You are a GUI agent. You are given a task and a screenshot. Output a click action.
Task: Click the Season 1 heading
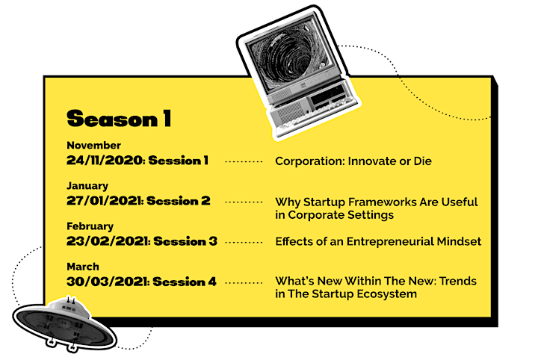119,118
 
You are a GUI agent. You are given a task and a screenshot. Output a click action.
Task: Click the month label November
93,146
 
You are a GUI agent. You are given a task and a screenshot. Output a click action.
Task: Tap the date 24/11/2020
105,161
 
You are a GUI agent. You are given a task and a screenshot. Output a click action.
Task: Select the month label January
87,186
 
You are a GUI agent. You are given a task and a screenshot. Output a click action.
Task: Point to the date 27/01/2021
104,201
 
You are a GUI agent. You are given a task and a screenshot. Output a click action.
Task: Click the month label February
90,226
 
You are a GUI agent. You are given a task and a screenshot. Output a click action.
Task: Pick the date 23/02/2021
108,241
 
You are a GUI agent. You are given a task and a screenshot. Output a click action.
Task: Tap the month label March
83,267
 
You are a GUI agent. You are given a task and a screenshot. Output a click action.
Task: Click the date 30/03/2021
107,282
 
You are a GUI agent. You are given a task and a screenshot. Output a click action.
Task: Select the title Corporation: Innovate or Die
353,161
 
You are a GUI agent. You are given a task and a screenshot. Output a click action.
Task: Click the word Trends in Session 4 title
458,281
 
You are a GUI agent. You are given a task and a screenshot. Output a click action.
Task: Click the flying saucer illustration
64,323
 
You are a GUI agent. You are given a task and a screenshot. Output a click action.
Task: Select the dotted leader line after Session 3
244,243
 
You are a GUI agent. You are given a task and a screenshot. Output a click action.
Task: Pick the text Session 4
185,282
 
